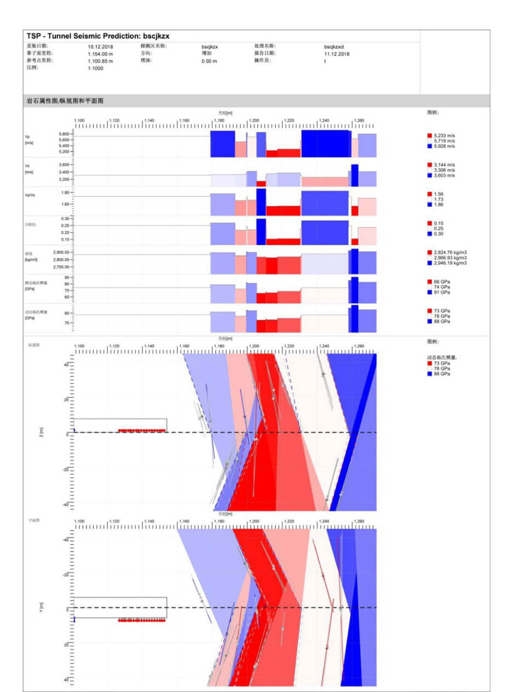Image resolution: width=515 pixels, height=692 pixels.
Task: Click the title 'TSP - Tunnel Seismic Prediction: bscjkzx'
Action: coord(102,36)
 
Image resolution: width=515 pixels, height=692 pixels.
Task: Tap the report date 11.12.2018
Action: coord(337,54)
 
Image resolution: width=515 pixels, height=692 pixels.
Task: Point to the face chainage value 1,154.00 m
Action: coord(100,54)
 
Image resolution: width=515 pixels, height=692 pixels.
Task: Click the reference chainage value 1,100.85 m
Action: coord(100,61)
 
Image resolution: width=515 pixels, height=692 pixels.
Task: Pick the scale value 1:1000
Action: coord(95,68)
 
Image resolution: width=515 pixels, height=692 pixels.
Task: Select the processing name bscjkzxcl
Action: coord(334,47)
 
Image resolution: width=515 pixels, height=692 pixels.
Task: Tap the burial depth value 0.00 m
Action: coord(209,61)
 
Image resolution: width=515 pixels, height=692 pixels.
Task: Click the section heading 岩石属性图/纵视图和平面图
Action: coord(65,101)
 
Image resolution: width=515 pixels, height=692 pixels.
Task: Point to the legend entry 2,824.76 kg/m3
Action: coord(449,253)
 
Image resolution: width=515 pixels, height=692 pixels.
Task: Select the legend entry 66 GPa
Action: coord(440,281)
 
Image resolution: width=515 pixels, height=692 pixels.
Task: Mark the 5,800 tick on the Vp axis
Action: coord(63,134)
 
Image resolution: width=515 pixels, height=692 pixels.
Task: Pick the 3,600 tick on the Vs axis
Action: coord(63,164)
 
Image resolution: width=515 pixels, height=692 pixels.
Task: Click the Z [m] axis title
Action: coord(42,432)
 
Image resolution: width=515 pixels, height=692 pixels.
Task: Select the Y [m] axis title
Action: coord(42,607)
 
